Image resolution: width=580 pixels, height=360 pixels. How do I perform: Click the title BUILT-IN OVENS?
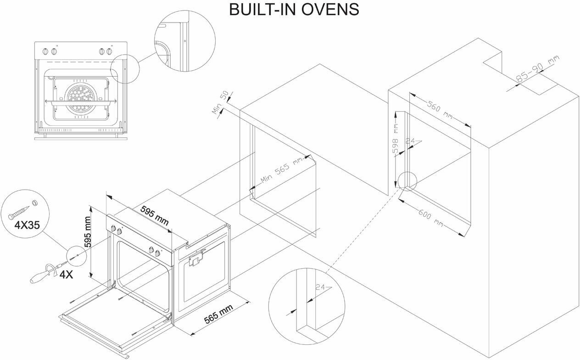tap(294, 10)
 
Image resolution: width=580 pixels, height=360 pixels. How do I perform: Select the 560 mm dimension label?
tap(438, 112)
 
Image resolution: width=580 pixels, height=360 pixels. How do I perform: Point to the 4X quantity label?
tap(66, 275)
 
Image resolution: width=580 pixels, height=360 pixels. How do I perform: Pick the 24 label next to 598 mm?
tap(411, 141)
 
